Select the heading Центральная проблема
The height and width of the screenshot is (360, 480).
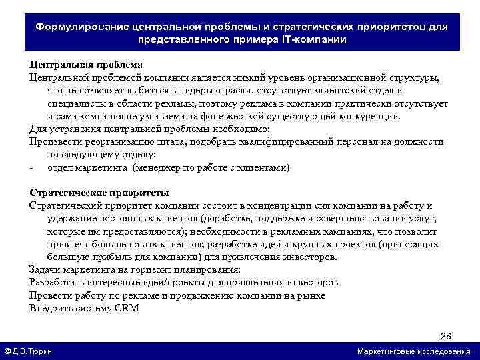85,65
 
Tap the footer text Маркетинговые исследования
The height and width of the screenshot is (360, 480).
413,351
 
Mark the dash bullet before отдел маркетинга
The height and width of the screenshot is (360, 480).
32,167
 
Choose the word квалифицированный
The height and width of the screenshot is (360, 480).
300,141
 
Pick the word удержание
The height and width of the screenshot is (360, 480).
71,218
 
